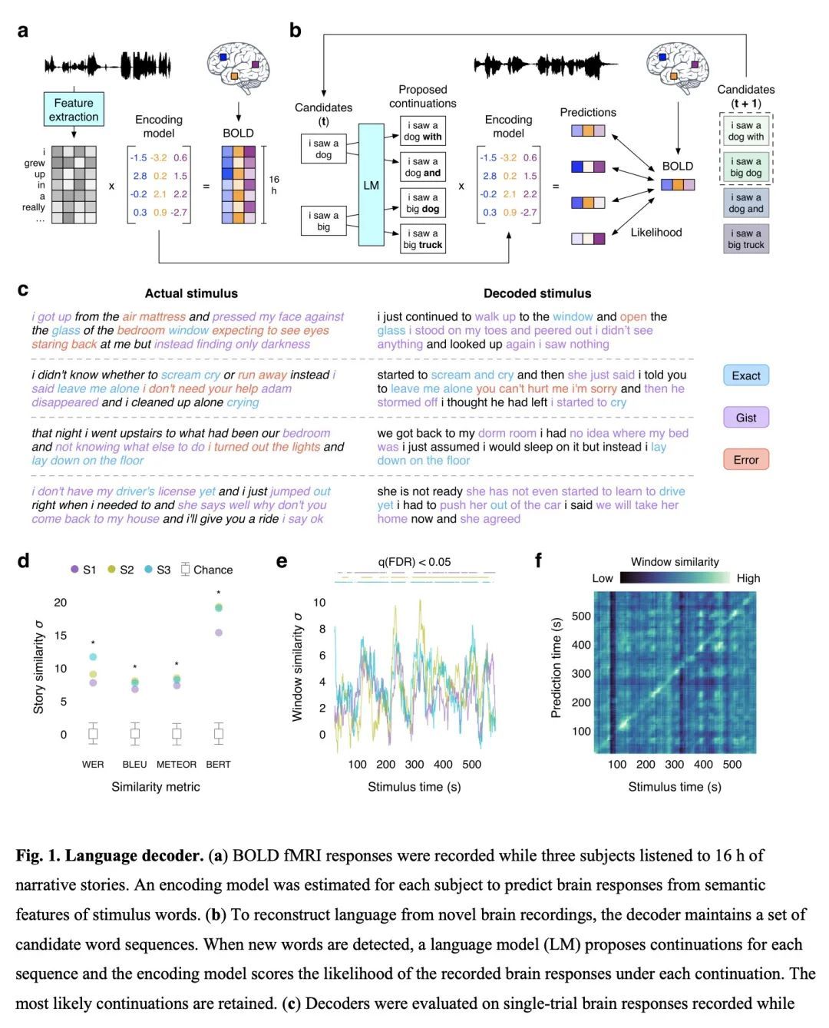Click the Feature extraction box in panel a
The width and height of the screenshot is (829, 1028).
coord(74,110)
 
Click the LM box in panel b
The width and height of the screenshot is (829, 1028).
coord(371,185)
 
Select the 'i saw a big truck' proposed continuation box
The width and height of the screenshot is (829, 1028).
coord(423,240)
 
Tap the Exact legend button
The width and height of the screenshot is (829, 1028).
coord(746,375)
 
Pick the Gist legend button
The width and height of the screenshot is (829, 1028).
coord(746,418)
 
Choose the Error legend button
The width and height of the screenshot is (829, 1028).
coord(746,460)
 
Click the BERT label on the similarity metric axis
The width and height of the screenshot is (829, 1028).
coord(218,765)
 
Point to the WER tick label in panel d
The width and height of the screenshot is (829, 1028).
coord(93,765)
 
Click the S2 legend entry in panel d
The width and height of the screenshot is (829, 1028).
coord(121,570)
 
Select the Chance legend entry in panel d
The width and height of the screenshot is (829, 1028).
coord(207,570)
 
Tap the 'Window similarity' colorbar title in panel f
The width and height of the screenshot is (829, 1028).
coord(675,562)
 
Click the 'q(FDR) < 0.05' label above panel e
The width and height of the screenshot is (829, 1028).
coord(414,562)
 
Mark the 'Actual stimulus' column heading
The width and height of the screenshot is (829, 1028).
coord(191,293)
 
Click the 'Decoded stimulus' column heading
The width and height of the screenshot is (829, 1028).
coord(537,293)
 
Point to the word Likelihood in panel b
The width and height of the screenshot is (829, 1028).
coord(656,233)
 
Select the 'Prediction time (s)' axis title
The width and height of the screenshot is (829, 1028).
coord(556,667)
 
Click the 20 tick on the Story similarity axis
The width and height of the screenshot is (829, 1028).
coord(61,603)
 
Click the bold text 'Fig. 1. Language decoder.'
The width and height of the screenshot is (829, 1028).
coord(110,856)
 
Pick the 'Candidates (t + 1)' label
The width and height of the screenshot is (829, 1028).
coord(745,96)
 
